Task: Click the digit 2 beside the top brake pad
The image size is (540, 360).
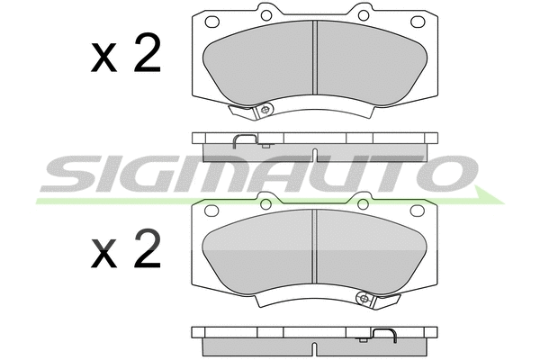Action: coord(148,53)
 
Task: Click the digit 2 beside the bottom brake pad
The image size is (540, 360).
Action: coord(148,248)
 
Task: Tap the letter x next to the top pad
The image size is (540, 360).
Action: coord(103,59)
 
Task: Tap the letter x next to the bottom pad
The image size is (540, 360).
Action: coord(103,255)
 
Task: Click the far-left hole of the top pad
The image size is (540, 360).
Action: coord(212,22)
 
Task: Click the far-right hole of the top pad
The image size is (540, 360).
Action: coord(418,22)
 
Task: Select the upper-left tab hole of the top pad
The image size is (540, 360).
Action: coord(266,15)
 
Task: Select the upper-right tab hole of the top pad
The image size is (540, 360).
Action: coord(364,15)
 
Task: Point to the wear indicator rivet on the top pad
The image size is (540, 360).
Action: coord(265,110)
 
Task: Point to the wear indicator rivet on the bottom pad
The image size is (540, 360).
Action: coord(364,298)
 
